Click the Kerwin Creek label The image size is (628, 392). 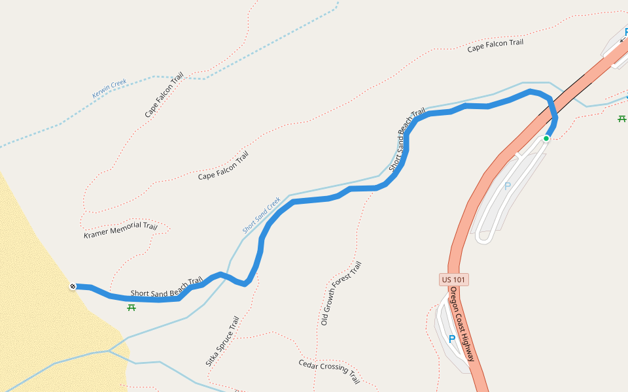109,89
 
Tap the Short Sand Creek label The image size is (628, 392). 261,215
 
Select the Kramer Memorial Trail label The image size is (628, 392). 120,230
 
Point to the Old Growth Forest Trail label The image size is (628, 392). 341,293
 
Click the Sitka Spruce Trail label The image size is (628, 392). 222,341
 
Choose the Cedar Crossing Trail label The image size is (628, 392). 329,372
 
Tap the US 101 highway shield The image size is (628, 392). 454,280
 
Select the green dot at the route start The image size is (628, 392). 546,139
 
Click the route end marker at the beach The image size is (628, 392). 73,286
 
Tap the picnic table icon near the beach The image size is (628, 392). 131,307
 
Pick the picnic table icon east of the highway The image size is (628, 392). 622,119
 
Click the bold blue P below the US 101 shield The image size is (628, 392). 451,339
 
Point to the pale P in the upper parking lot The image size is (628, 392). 508,186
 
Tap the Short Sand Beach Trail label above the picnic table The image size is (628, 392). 166,287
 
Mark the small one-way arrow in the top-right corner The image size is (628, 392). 622,39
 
